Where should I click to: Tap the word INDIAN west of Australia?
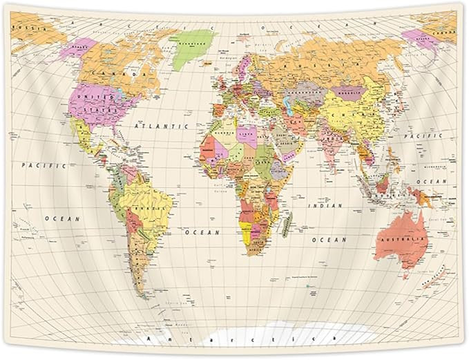pos(327,205)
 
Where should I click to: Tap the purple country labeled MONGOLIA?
pos(346,91)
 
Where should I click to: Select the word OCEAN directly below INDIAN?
pos(328,239)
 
